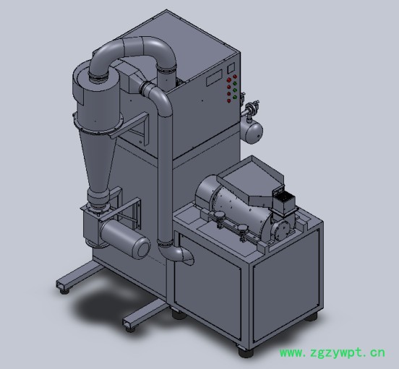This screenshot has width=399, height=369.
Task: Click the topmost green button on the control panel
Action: pos(235,83)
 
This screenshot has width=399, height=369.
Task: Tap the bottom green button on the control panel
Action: pos(235,97)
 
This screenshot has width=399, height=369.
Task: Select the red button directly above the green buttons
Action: pos(235,77)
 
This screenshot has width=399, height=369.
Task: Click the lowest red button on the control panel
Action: pos(228,101)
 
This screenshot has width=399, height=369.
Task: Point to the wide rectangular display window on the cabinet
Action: pos(214,78)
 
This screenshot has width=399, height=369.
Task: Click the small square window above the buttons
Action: pos(231,68)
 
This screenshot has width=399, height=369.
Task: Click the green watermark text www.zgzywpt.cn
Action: pos(332,353)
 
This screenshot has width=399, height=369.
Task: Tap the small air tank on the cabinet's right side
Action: pos(253,131)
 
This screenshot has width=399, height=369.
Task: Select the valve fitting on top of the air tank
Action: pos(252,106)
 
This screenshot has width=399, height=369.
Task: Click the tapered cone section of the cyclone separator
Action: pos(98,159)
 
